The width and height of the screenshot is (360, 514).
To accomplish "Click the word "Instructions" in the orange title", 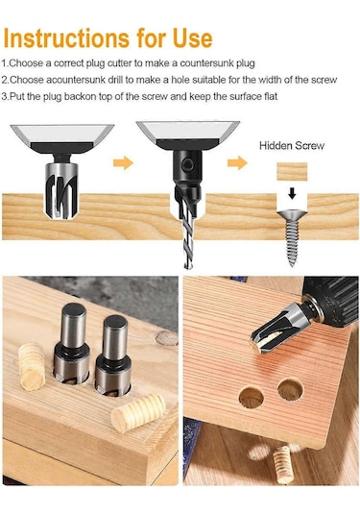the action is coord(66,38).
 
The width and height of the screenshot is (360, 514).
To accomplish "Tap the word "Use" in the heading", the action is coord(193,38).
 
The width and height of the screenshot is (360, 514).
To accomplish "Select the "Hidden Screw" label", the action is coord(292,145).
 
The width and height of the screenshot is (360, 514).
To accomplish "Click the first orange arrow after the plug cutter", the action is coord(123,162).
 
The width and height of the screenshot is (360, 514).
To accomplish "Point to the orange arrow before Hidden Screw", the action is coord(237,162).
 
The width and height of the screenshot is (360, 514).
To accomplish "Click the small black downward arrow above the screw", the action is coord(292,194).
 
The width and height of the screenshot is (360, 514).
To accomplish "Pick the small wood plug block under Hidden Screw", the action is coord(292,171).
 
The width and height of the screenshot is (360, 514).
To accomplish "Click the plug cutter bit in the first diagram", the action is coord(61,186).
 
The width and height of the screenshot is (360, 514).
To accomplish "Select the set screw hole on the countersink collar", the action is coord(188,164).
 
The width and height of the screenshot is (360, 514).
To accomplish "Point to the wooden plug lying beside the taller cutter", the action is coord(32,366).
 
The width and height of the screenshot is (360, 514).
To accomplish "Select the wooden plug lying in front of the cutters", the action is coord(138,412).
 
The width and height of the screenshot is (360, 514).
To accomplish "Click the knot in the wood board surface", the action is coord(166,338).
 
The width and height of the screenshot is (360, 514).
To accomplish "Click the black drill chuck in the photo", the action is coord(332,301).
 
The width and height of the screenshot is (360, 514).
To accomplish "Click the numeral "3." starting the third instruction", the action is coord(5,96).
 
